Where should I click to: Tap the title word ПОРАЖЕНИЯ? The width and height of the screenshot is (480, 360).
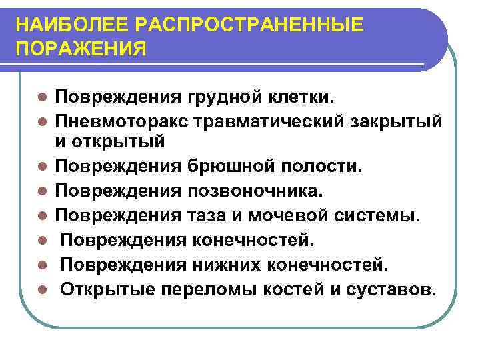click(x=81, y=51)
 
